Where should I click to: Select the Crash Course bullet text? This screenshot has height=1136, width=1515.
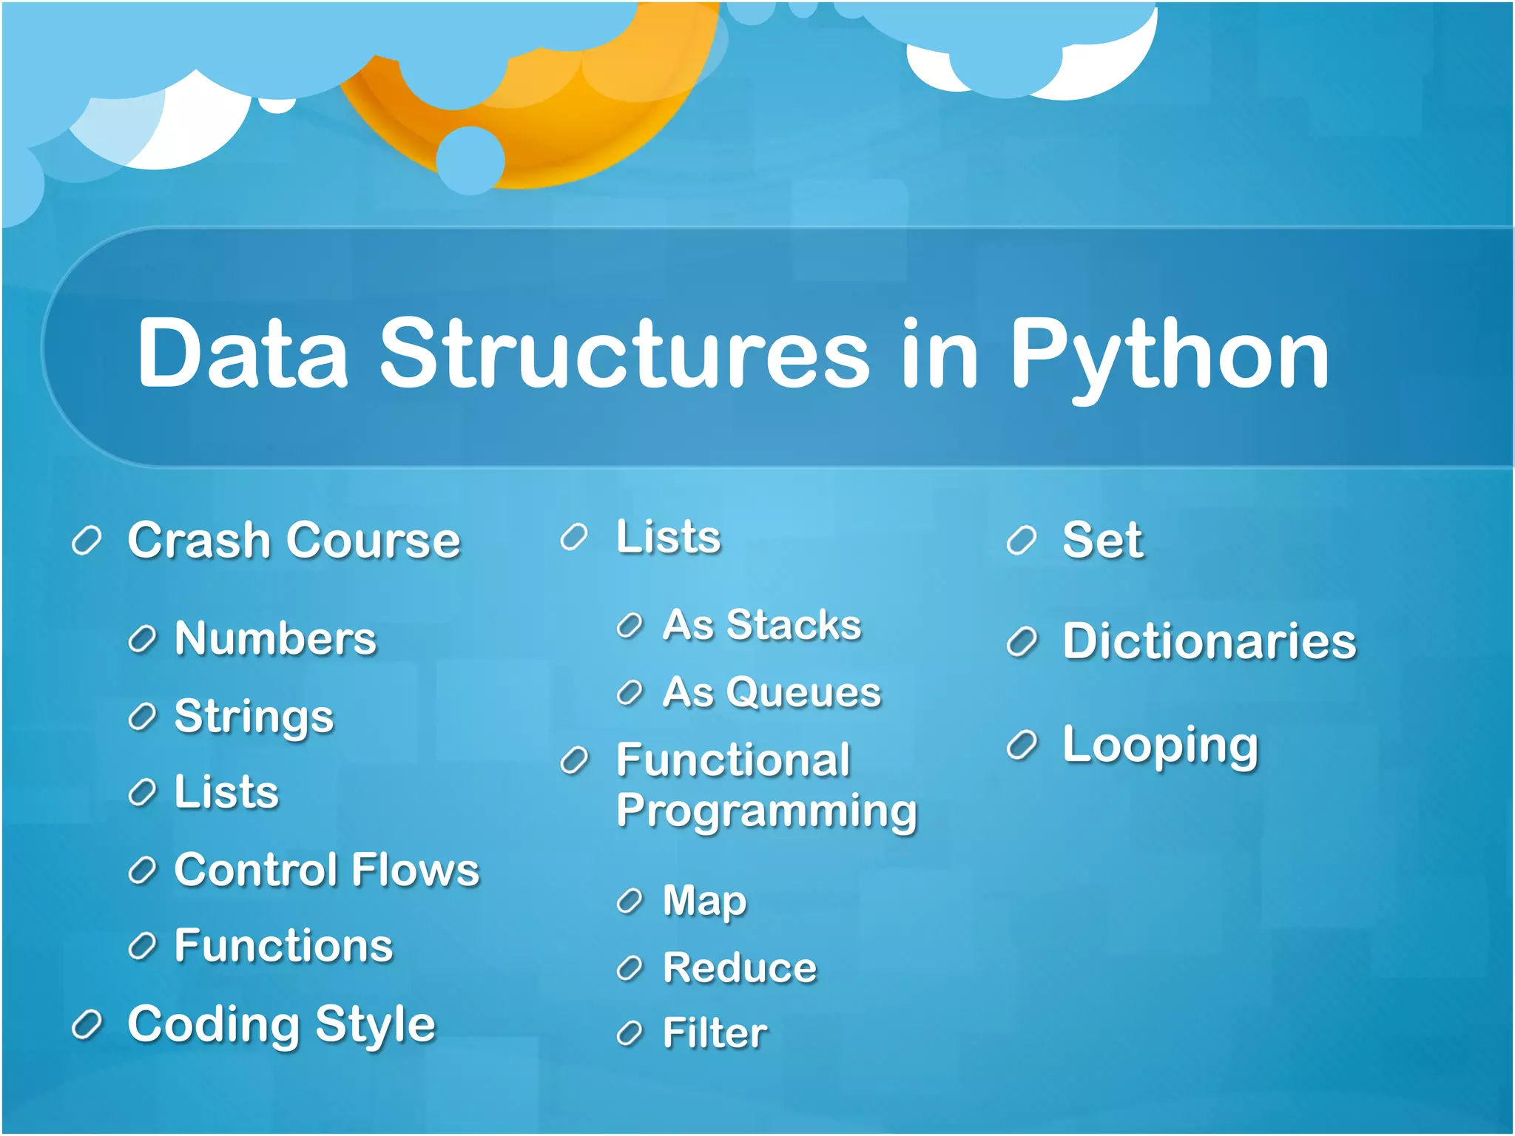(294, 540)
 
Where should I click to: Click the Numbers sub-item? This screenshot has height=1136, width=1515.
(275, 638)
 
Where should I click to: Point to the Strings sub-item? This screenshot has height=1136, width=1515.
(254, 717)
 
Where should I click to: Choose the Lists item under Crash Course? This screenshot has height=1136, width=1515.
(226, 792)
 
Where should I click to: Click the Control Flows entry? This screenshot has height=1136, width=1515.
(326, 869)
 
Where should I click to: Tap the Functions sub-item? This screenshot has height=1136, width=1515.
(283, 946)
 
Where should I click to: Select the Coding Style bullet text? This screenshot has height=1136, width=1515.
(281, 1024)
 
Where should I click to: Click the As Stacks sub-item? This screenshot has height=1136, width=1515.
(762, 625)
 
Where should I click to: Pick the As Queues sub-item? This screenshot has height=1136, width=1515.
(772, 693)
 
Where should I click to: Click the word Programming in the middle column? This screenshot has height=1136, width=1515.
(766, 811)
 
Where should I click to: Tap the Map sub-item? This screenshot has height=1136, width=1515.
(704, 902)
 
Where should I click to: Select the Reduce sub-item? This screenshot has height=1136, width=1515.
(740, 967)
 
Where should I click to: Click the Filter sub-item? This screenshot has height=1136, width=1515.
(715, 1033)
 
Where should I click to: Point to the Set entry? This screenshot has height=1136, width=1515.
(1102, 540)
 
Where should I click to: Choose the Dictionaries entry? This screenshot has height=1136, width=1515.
(1209, 640)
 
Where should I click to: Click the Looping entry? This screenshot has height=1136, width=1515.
(1160, 745)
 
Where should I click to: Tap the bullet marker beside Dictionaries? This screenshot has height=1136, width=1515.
(1022, 642)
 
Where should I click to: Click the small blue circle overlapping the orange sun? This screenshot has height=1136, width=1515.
(470, 160)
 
